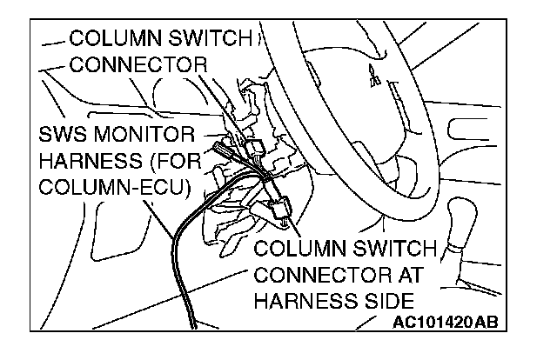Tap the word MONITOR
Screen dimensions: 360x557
pos(155,137)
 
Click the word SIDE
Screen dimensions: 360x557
pos(383,301)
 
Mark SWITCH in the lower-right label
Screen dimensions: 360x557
pos(387,250)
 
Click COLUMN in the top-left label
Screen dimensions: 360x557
pos(112,38)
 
